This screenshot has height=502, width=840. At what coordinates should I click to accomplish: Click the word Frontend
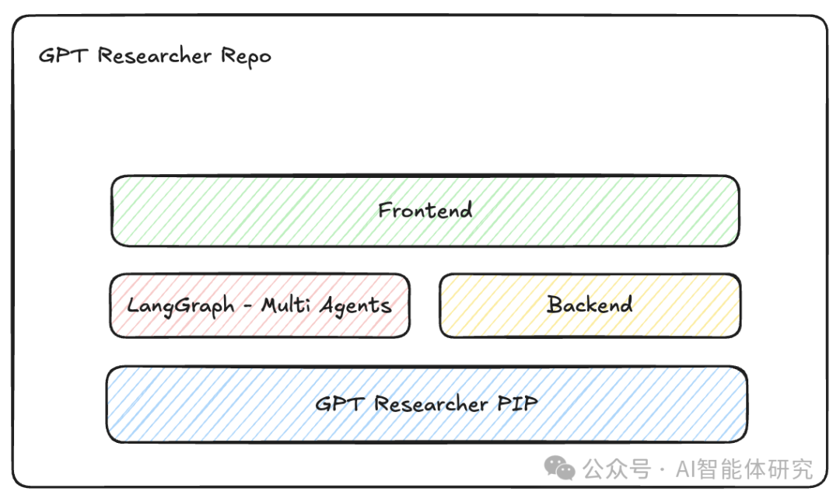click(x=425, y=211)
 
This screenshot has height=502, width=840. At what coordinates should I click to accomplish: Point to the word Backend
click(x=590, y=305)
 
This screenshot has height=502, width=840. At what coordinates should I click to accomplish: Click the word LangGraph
click(x=180, y=305)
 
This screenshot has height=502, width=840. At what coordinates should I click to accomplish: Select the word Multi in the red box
click(x=284, y=305)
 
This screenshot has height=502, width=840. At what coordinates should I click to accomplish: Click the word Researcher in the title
click(x=155, y=56)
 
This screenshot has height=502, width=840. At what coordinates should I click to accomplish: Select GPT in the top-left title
click(x=64, y=56)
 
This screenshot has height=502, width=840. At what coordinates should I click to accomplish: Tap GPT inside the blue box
click(x=340, y=404)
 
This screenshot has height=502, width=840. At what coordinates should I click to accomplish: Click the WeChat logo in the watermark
click(x=560, y=469)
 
